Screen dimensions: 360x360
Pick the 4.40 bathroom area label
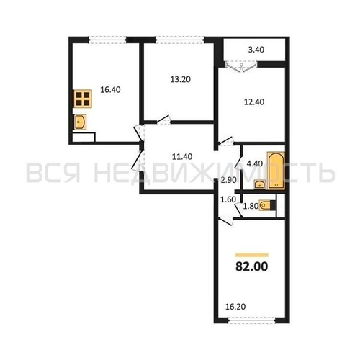[x=255, y=163]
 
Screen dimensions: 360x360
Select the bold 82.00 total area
[x=251, y=267]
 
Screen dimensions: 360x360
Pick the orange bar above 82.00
[x=251, y=255]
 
